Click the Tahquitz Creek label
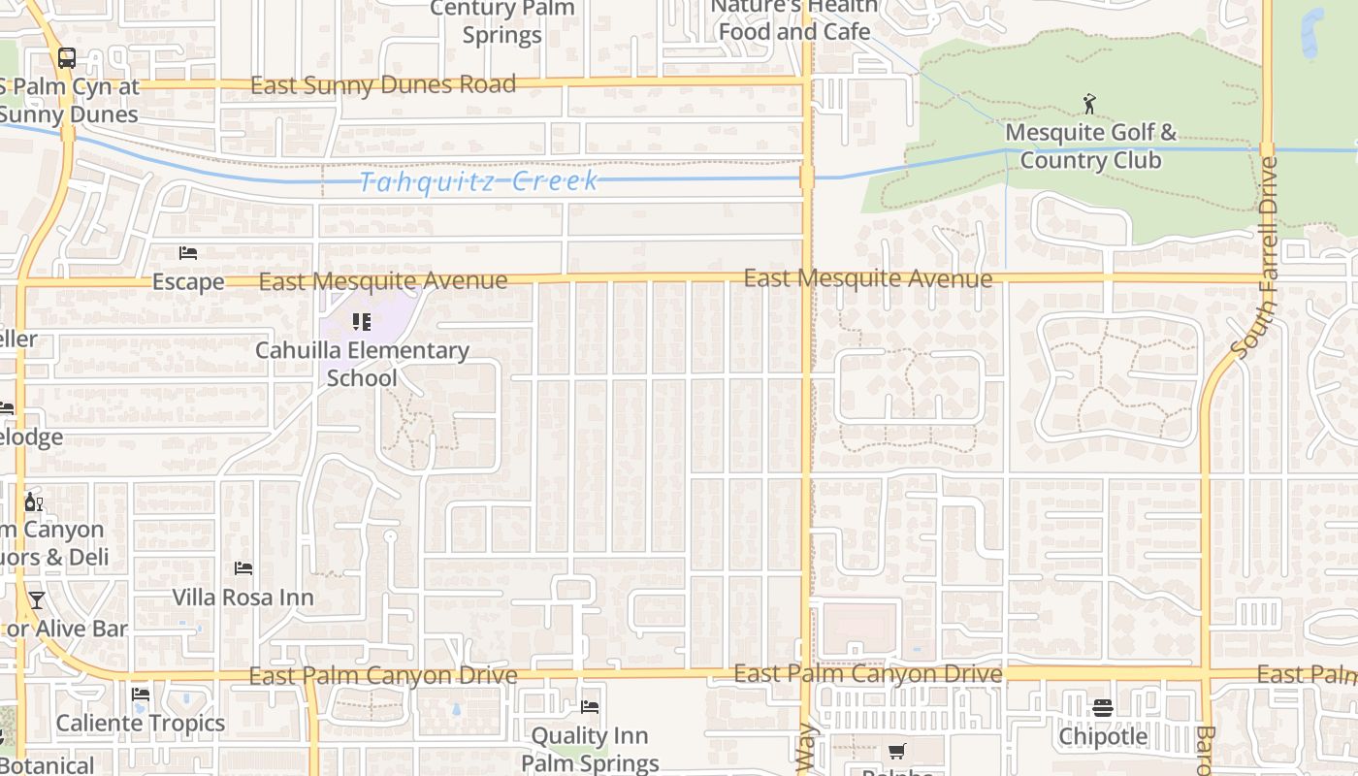(x=479, y=181)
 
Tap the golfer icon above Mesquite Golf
(x=1090, y=103)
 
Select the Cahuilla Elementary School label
(x=362, y=364)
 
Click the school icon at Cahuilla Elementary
(x=362, y=321)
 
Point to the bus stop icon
(x=66, y=57)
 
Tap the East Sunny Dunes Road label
(x=383, y=85)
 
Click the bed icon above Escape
(x=188, y=253)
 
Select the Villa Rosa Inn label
(x=242, y=598)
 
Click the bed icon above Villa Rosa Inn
(x=242, y=567)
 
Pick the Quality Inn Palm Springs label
(x=590, y=749)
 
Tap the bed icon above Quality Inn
(x=590, y=707)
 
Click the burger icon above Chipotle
(x=1102, y=707)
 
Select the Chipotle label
(x=1103, y=736)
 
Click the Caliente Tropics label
(x=141, y=723)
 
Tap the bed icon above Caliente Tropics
(x=141, y=695)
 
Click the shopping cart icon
(x=896, y=751)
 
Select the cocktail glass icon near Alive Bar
(x=37, y=599)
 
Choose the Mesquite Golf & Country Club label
(x=1090, y=145)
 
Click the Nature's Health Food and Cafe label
(x=793, y=19)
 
